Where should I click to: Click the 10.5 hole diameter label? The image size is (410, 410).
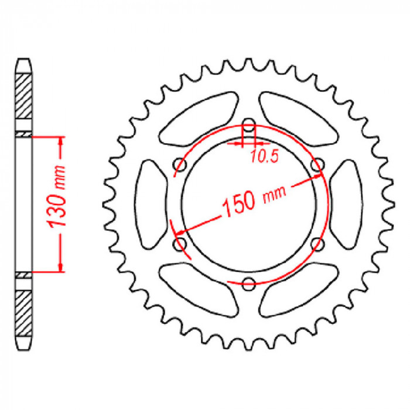point(265,157)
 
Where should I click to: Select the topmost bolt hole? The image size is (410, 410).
point(249,125)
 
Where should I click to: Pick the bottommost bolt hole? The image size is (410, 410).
point(249,283)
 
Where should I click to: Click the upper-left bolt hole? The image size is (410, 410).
point(180,165)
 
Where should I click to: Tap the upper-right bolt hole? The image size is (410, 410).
point(317,165)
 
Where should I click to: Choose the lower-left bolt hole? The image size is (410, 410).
point(180,244)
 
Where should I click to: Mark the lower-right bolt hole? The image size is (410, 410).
point(317,244)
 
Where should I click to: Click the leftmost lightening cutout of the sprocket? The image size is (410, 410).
point(151,204)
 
